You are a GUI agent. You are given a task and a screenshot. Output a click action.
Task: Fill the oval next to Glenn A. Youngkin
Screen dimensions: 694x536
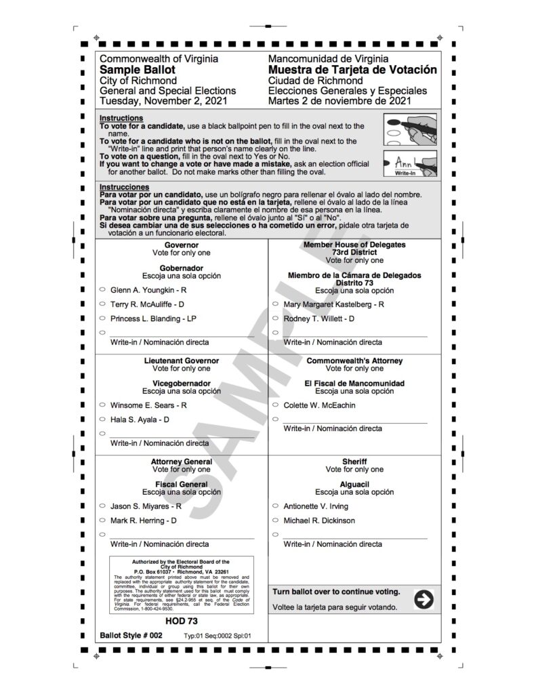[x=102, y=289]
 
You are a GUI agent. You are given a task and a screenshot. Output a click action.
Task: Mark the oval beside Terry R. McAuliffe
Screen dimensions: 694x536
[x=102, y=304]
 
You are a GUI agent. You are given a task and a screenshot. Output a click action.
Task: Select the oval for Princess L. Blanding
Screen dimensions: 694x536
[x=102, y=318]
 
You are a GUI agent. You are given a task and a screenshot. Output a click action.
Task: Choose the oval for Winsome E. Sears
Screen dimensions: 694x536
[x=102, y=405]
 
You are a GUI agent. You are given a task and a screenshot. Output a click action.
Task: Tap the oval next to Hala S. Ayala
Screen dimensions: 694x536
[x=102, y=419]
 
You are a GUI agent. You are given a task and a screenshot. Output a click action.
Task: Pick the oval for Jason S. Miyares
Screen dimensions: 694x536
[x=102, y=506]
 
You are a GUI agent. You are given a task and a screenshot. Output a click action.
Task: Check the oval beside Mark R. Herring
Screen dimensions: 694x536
[x=102, y=520]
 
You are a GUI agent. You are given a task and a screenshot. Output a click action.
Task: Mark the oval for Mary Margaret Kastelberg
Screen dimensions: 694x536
[x=276, y=304]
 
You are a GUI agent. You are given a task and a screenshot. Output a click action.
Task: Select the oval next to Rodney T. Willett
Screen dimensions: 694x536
[x=276, y=318]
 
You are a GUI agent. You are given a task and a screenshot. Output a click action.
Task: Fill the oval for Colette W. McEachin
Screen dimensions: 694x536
[x=276, y=405]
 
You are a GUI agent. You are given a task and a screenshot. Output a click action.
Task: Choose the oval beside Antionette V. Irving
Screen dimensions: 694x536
[x=276, y=506]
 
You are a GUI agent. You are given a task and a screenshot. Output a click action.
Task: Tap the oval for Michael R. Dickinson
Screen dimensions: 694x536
[x=276, y=520]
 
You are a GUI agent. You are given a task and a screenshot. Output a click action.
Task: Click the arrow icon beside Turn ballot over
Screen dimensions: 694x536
[x=424, y=599]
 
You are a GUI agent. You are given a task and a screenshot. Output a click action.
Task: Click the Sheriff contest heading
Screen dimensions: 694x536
[x=354, y=462]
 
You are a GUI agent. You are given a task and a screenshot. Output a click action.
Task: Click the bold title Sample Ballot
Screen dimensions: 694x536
[x=138, y=70]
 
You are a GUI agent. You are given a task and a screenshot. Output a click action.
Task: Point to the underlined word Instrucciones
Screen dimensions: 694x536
[x=124, y=186]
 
